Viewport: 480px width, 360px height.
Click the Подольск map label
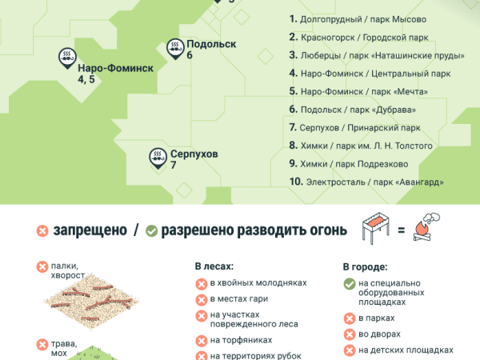(211, 44)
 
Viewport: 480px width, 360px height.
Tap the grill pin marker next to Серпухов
(158, 156)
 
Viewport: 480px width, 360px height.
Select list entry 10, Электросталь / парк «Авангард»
(366, 182)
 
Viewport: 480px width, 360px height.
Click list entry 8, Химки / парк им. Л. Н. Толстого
(361, 146)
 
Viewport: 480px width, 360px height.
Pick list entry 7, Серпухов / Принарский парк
(354, 127)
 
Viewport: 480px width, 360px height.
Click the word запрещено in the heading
(90, 230)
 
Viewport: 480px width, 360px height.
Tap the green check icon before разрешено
(151, 230)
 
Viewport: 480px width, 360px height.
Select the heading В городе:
(365, 266)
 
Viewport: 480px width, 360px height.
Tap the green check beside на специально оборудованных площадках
(349, 283)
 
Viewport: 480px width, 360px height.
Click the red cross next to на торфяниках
(201, 340)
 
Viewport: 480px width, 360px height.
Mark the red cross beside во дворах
(349, 334)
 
